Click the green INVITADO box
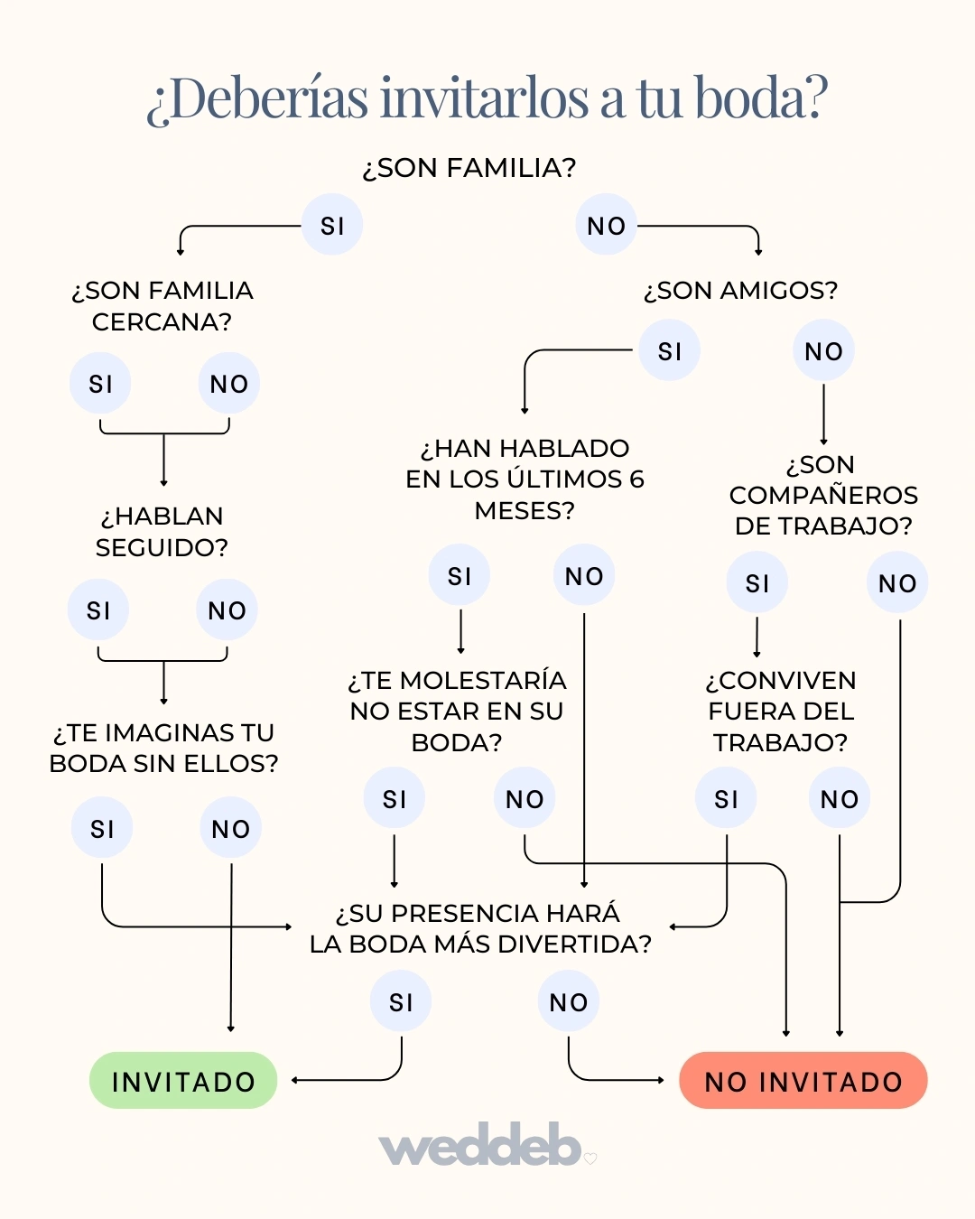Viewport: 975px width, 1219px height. pyautogui.click(x=183, y=1081)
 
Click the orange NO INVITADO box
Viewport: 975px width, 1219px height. pyautogui.click(x=803, y=1081)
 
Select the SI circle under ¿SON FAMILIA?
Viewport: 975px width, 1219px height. pyautogui.click(x=332, y=225)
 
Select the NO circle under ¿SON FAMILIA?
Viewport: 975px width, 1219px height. pyautogui.click(x=606, y=225)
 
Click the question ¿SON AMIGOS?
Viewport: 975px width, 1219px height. pyautogui.click(x=740, y=291)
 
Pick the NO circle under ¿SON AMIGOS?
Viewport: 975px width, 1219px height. pyautogui.click(x=823, y=351)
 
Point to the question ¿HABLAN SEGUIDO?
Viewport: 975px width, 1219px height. pyautogui.click(x=162, y=532)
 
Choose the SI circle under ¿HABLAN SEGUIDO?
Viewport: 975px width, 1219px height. pyautogui.click(x=98, y=610)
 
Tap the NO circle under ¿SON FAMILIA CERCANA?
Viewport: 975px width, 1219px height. pyautogui.click(x=228, y=384)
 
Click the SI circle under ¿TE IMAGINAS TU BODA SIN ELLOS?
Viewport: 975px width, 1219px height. pyautogui.click(x=102, y=828)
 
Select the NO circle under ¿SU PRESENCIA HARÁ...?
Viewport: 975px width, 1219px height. pyautogui.click(x=568, y=1001)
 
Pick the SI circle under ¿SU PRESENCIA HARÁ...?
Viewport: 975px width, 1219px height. pyautogui.click(x=401, y=1001)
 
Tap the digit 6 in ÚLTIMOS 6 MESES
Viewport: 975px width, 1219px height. pyautogui.click(x=636, y=479)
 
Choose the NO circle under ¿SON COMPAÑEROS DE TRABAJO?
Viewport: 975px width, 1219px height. pyautogui.click(x=897, y=583)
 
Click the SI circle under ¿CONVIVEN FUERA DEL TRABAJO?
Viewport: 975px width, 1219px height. pyautogui.click(x=726, y=798)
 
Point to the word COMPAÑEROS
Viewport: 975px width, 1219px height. pyautogui.click(x=823, y=496)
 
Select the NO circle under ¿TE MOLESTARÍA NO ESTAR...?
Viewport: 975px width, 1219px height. pyautogui.click(x=525, y=798)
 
